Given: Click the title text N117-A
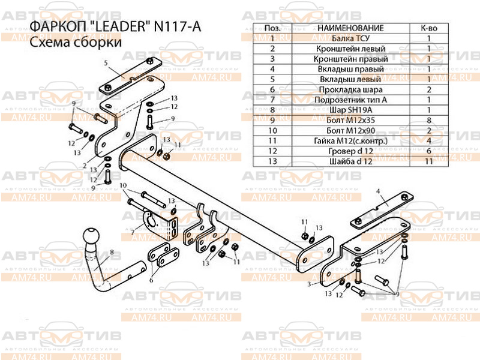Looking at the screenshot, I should pyautogui.click(x=182, y=28).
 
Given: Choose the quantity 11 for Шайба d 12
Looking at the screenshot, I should pyautogui.click(x=429, y=161).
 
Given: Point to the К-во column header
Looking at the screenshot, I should pyautogui.click(x=429, y=28).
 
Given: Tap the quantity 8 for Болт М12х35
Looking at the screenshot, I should pyautogui.click(x=429, y=120).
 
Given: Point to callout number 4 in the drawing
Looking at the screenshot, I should pyautogui.click(x=379, y=191).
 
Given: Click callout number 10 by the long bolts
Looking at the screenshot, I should pyautogui.click(x=123, y=185).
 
